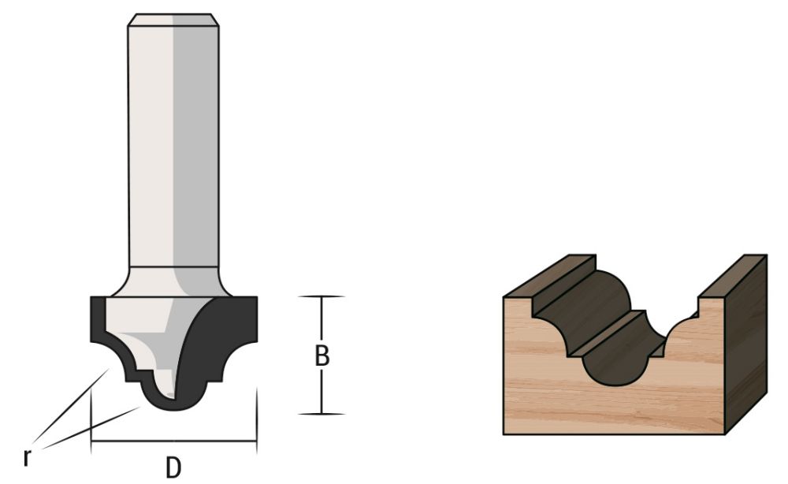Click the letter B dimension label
tap(322, 356)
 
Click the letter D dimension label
tap(173, 467)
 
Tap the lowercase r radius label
tap(28, 456)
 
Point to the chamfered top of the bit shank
tap(173, 20)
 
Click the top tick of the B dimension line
tap(322, 296)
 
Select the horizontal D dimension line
tap(173, 441)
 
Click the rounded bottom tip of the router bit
tap(173, 406)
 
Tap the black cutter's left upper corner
tap(94, 300)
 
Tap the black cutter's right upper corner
tap(254, 300)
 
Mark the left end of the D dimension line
tap(92, 441)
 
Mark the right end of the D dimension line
tap(256, 441)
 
